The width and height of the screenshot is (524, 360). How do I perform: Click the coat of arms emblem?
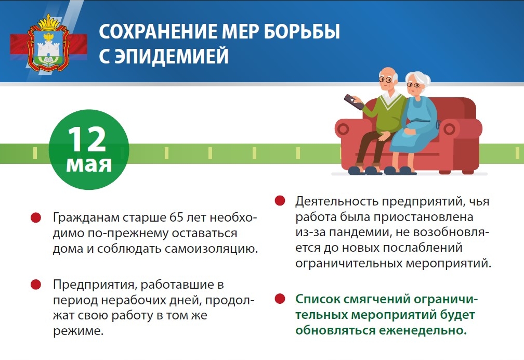point(49,44)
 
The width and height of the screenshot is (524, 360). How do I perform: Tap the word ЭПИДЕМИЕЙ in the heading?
point(172,56)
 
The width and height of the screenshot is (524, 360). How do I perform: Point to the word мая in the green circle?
point(89,164)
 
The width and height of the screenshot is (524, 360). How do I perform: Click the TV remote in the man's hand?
point(354,102)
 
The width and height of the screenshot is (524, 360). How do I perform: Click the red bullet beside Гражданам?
point(36,218)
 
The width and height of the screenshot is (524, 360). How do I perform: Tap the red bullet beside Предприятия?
point(36,285)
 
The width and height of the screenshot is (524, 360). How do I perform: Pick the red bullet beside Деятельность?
point(280,201)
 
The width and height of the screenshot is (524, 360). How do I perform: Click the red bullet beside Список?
point(280,299)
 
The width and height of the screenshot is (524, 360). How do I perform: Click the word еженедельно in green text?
point(423,330)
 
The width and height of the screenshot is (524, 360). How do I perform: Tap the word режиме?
point(78,331)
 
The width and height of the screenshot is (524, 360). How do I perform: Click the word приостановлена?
point(423,217)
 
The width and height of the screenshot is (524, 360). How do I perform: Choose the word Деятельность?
point(336,201)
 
